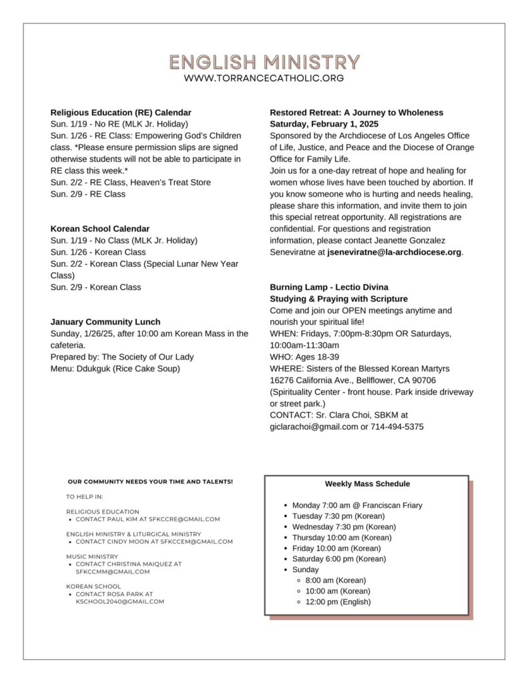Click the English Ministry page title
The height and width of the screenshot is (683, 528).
264,63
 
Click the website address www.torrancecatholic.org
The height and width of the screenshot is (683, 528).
264,79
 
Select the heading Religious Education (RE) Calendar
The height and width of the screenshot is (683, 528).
121,113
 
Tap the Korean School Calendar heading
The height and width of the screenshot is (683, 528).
100,229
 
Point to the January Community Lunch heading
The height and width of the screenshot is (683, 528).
105,322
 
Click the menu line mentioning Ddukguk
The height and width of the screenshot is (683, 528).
115,368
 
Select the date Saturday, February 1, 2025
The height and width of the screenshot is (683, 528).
324,124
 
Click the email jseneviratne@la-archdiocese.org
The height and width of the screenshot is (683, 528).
385,252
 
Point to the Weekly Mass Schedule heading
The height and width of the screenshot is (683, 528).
367,484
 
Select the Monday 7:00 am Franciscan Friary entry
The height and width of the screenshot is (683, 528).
357,506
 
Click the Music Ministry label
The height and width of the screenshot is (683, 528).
92,556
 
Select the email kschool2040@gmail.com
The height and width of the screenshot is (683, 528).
119,602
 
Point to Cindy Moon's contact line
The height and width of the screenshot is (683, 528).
154,542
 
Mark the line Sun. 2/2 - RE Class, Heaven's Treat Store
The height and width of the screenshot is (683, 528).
130,182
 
